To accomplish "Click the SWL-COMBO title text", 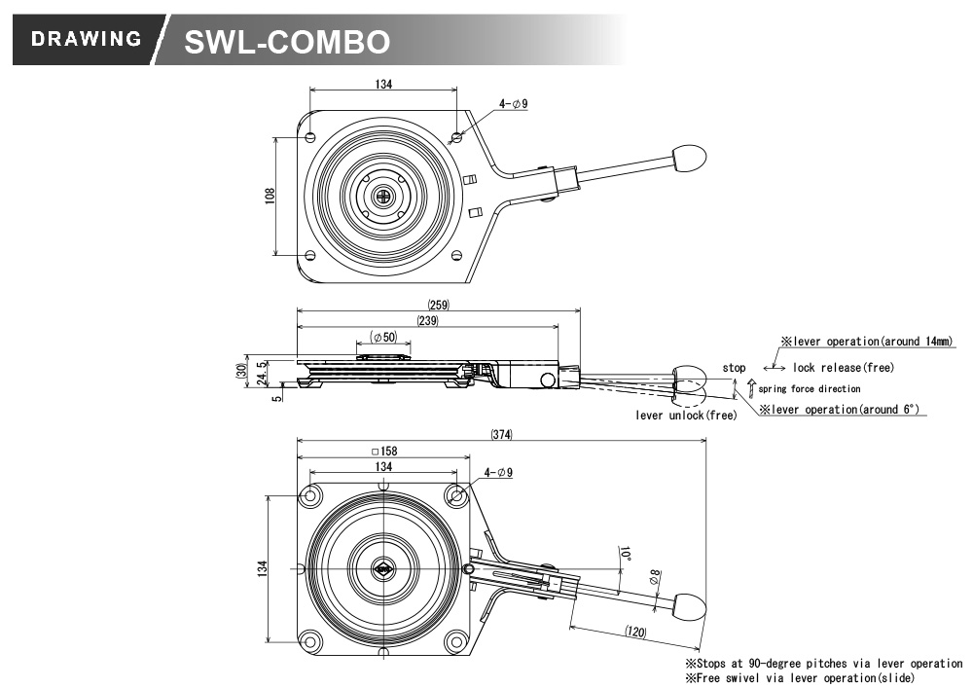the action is [287, 42].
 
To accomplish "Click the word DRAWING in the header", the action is [87, 39].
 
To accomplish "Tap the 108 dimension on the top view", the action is [270, 196].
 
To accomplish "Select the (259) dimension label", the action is [438, 305].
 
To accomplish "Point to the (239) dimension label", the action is [427, 321].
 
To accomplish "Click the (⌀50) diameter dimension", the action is [383, 337].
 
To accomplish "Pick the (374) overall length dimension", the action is [501, 434].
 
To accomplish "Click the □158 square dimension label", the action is [384, 451].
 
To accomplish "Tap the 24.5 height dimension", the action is [261, 373].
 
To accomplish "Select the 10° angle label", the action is [625, 554].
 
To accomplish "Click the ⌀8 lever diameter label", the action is [654, 577].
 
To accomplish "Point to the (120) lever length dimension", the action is [635, 632].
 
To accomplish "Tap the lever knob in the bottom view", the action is [690, 605].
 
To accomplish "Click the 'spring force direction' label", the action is [810, 389].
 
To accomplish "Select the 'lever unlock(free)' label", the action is [686, 415].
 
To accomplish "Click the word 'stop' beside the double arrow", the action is [734, 368].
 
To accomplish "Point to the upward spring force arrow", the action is [751, 387].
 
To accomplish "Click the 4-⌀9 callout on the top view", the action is [513, 103].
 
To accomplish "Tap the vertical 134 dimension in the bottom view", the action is [262, 568].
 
